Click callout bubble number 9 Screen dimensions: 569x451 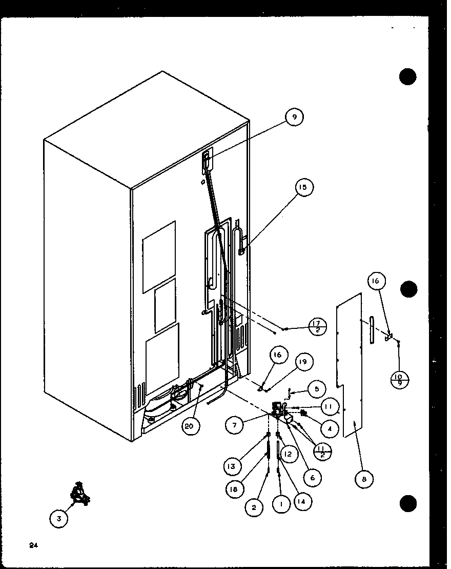294,117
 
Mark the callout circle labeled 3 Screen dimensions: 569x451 59,519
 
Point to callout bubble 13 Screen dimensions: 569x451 232,466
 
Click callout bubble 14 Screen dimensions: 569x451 304,502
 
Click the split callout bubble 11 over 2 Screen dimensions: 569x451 324,450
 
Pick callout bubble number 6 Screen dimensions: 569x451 312,477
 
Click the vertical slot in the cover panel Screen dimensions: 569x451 372,334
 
